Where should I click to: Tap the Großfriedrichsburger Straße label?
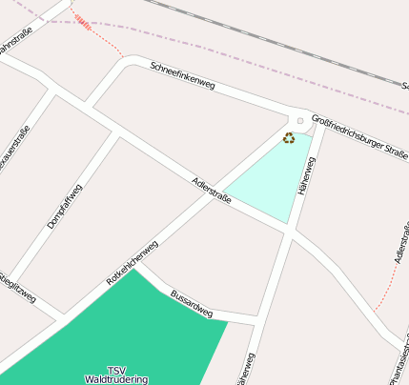click(x=359, y=138)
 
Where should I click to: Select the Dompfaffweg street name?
click(x=65, y=206)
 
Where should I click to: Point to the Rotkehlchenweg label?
click(x=132, y=264)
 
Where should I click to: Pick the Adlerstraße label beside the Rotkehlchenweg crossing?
click(x=212, y=190)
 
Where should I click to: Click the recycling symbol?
click(x=289, y=138)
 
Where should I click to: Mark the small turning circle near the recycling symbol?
click(x=300, y=121)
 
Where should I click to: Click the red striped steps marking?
click(x=83, y=22)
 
